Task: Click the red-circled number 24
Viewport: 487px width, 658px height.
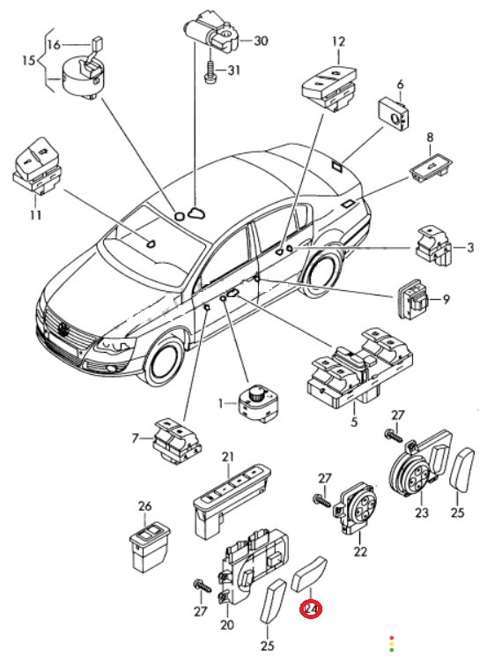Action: click(310, 609)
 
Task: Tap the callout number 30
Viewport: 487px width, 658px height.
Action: click(261, 41)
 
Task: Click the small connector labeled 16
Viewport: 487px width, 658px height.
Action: click(98, 43)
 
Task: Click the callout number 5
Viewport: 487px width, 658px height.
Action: click(354, 422)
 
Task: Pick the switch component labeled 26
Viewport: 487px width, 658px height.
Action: click(150, 548)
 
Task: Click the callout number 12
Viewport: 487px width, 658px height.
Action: click(339, 41)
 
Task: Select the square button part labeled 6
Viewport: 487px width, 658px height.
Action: click(394, 114)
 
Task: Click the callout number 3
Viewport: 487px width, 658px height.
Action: click(469, 247)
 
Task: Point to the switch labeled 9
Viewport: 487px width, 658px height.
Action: click(412, 299)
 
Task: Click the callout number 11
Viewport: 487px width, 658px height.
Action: click(35, 215)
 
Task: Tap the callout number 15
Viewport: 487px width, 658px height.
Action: click(28, 61)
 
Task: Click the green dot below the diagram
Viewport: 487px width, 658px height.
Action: click(392, 650)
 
